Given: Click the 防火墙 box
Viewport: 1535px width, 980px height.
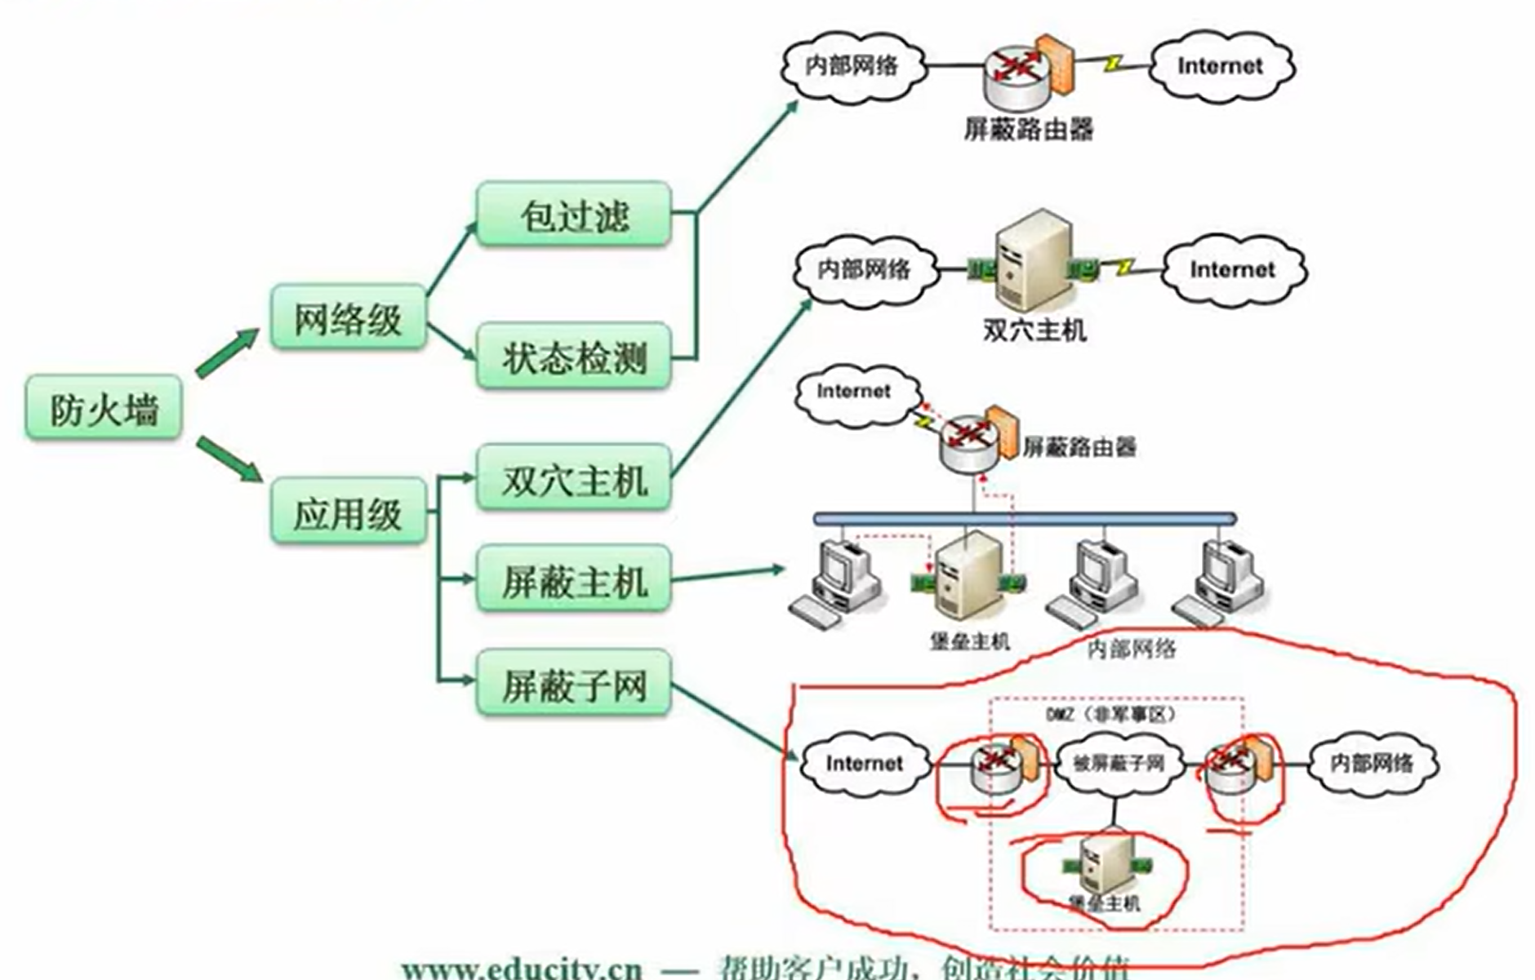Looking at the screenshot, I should [104, 408].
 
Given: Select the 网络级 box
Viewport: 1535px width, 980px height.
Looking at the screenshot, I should [348, 317].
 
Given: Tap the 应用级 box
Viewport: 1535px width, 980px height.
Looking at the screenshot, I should [348, 512].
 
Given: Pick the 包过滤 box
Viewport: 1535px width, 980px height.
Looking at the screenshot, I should [574, 215].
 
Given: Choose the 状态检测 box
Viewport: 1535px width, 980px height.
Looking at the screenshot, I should [574, 357].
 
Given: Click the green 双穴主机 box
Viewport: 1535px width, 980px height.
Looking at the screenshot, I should [574, 479].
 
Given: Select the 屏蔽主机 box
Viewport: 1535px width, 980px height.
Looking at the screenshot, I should [574, 581].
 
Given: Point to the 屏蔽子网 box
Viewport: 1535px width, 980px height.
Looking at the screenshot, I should [574, 684].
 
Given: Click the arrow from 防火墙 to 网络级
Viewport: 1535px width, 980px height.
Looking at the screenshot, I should [226, 353].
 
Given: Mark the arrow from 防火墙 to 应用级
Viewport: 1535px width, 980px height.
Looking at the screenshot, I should [228, 459].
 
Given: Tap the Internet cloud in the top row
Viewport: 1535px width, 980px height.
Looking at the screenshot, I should [1221, 66].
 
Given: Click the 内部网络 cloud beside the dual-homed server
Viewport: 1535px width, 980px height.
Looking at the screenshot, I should [865, 269].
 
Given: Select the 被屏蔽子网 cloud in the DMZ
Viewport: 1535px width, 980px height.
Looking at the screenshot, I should [1118, 764].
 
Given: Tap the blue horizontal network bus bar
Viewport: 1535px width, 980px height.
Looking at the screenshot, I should [1025, 518].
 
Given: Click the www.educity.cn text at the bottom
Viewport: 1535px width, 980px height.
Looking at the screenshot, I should [522, 969].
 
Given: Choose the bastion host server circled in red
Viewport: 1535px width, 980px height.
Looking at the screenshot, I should [1102, 865].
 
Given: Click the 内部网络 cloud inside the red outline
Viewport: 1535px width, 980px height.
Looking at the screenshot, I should [1372, 764].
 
